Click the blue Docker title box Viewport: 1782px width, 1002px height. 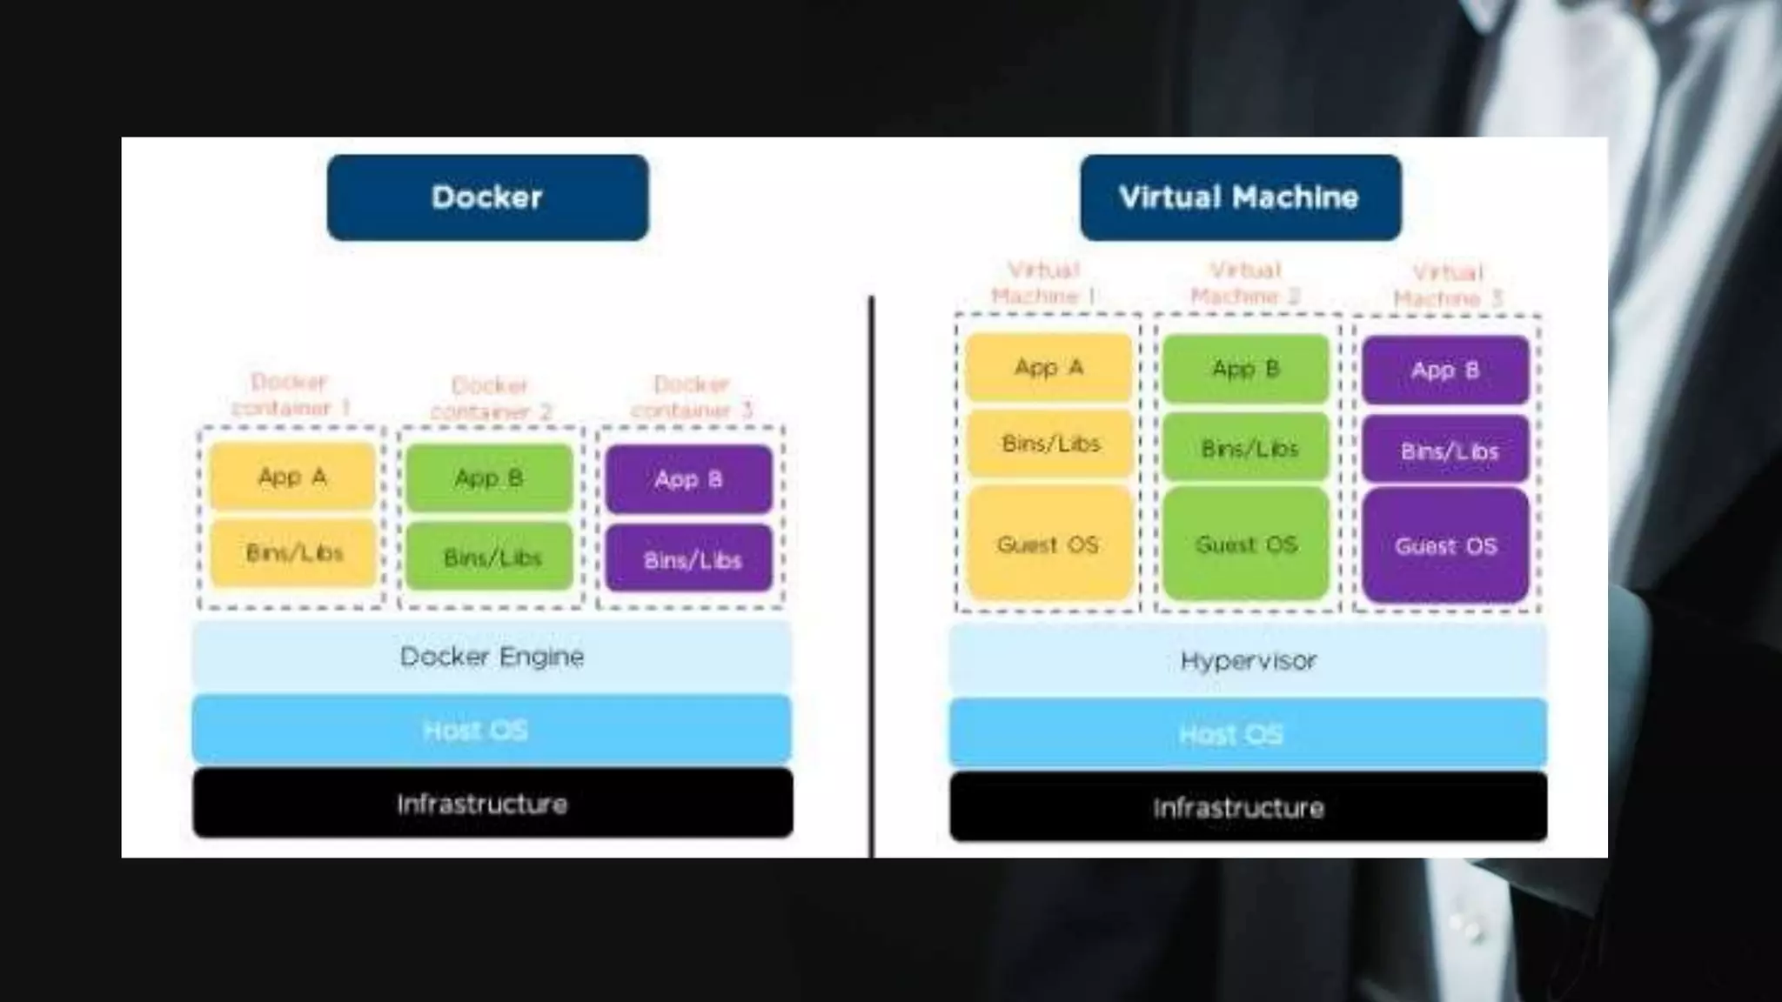pyautogui.click(x=487, y=197)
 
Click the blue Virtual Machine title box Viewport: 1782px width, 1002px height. pyautogui.click(x=1240, y=197)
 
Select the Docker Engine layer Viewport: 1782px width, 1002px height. pyautogui.click(x=492, y=657)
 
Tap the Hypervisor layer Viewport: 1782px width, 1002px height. pyautogui.click(x=1248, y=661)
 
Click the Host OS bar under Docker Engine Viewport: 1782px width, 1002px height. pyautogui.click(x=492, y=730)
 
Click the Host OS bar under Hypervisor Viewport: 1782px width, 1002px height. pyautogui.click(x=1248, y=734)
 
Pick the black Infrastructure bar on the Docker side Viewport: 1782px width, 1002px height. pyautogui.click(x=492, y=804)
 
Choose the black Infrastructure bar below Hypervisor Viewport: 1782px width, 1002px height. pyautogui.click(x=1248, y=807)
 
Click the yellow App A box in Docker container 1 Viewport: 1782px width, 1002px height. pyautogui.click(x=292, y=476)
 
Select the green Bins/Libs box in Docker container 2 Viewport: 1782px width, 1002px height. pyautogui.click(x=490, y=557)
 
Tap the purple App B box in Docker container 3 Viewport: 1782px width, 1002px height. pyautogui.click(x=688, y=479)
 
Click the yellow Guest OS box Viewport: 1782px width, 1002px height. pyautogui.click(x=1048, y=544)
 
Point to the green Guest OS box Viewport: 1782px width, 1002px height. pyautogui.click(x=1246, y=544)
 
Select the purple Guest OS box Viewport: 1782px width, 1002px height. pyautogui.click(x=1445, y=546)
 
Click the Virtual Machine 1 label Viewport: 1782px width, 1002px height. pyautogui.click(x=1043, y=284)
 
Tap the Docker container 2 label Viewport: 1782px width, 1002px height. pyautogui.click(x=491, y=398)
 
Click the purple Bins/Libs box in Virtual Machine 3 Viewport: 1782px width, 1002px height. pyautogui.click(x=1445, y=451)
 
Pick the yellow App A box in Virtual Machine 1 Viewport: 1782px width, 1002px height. pyautogui.click(x=1048, y=367)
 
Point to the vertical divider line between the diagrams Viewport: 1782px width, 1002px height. pyautogui.click(x=871, y=574)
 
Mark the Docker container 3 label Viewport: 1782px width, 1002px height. pyautogui.click(x=691, y=397)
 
